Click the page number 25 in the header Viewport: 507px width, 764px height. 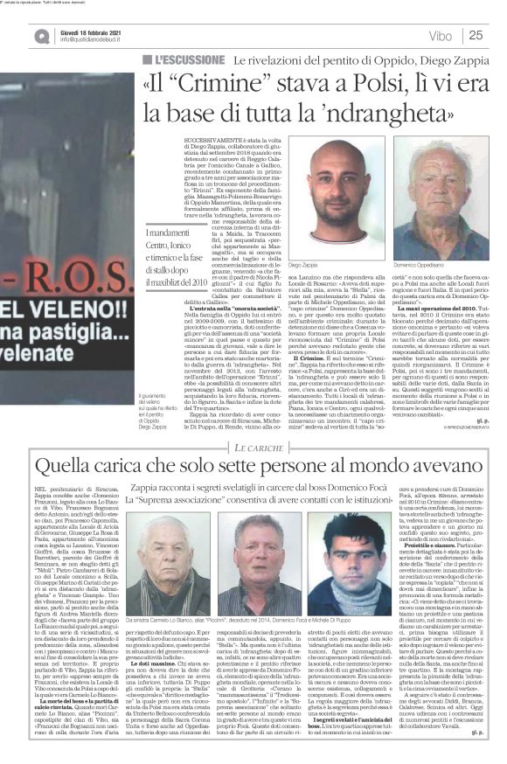click(x=476, y=35)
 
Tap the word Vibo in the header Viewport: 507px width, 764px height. click(x=441, y=36)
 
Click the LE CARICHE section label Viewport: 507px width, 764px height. click(x=259, y=447)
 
